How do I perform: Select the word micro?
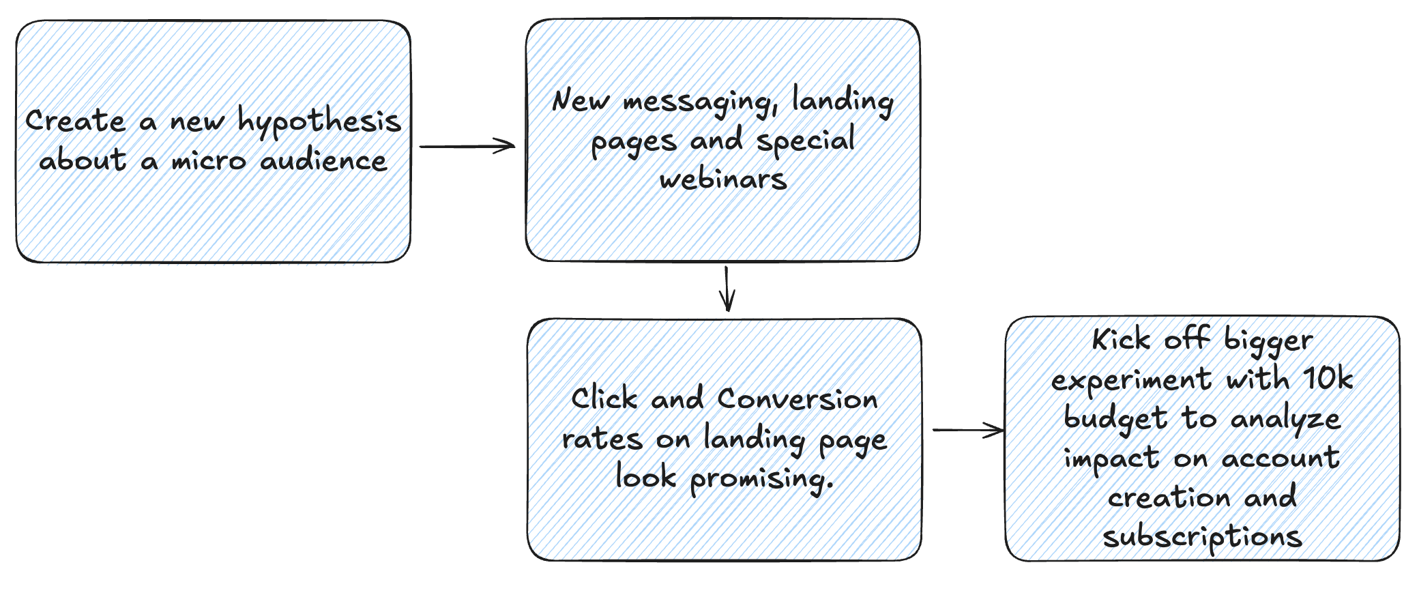coord(208,162)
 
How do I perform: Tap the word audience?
coord(323,161)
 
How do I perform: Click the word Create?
coord(76,121)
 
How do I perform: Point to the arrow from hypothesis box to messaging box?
coord(467,146)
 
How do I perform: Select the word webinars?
coord(723,179)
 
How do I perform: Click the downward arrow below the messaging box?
coord(727,289)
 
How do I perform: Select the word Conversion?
coord(797,399)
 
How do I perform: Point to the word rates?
coord(602,439)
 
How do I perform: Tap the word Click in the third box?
coord(604,398)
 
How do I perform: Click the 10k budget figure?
coord(1328,379)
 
